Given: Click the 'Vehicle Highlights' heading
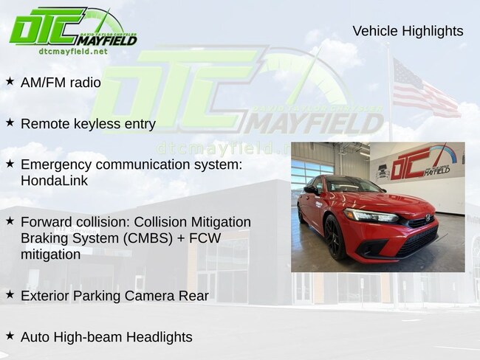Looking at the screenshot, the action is (408, 31).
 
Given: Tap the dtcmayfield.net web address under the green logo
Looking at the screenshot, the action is (73, 51).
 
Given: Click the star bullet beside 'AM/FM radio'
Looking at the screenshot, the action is (10, 81).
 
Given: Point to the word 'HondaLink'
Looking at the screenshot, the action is (54, 181).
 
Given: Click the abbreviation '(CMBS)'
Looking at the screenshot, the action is (148, 238).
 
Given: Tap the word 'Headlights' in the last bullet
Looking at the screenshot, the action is (160, 337).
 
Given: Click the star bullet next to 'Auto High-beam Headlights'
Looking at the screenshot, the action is (10, 336).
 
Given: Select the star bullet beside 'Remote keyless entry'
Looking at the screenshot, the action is (10, 122).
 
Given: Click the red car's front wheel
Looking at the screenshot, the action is (335, 237).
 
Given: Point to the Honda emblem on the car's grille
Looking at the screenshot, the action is (428, 218).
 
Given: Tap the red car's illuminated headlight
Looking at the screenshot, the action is (371, 215).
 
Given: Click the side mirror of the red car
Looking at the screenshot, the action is (312, 190).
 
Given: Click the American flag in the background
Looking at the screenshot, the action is (425, 88).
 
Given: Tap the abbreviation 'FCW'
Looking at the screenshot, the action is (205, 238).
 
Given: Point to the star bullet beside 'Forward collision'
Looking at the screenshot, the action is (10, 221).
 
